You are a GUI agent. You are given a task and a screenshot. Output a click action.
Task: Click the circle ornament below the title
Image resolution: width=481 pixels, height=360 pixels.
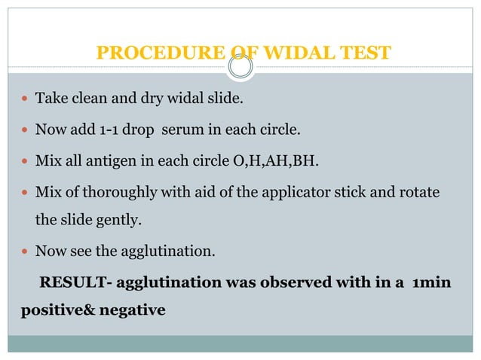click(x=240, y=69)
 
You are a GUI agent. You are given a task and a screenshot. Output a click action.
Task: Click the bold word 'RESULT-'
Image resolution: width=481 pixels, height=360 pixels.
click(x=75, y=284)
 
